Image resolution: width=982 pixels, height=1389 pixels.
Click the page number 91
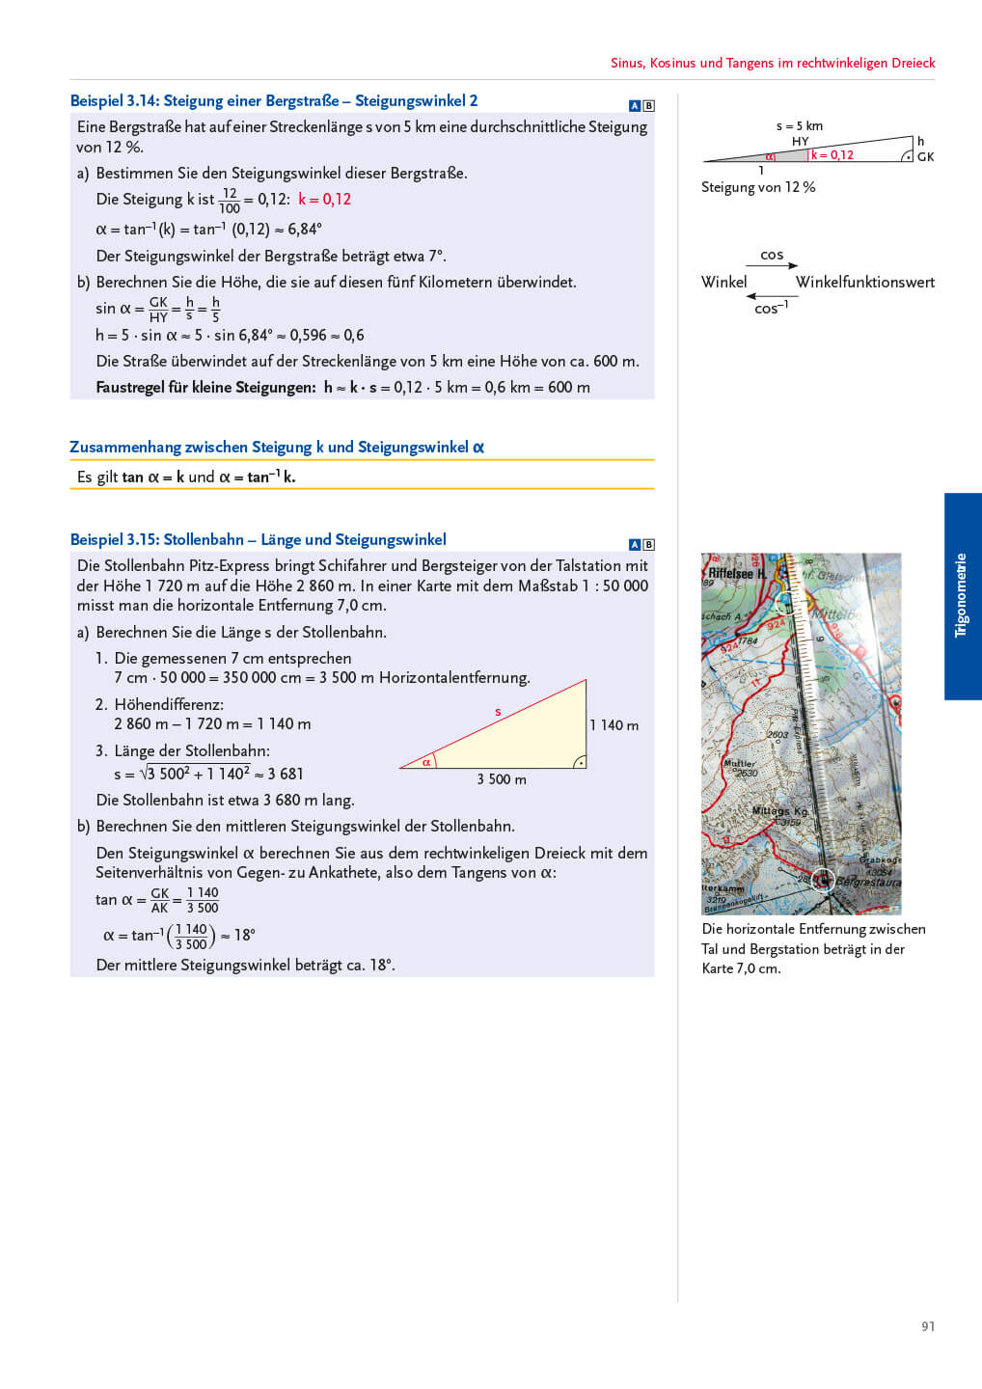pos(927,1326)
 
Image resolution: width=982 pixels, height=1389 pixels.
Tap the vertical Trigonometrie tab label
pos(961,595)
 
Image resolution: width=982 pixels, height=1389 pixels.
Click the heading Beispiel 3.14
pos(274,101)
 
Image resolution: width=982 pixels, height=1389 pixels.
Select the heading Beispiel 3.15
pos(258,540)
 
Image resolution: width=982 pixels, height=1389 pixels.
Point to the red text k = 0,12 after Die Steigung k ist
pos(324,200)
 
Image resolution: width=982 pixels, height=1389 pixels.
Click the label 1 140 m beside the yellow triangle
pos(614,725)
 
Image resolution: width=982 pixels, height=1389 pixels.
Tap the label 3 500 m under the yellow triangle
pos(502,779)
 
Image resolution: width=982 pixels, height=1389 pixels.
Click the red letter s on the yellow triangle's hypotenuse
pos(498,712)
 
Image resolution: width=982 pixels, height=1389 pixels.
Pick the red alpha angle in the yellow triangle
pos(426,762)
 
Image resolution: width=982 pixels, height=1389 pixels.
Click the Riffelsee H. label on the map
pos(737,573)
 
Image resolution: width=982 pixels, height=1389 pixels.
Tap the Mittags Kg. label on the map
pos(779,811)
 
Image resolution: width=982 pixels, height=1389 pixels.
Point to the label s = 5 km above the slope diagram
pos(800,126)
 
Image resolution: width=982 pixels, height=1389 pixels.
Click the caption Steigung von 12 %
pos(758,187)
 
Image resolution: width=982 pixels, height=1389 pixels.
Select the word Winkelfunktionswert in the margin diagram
pos(864,283)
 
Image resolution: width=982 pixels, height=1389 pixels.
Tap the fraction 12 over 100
pos(230,201)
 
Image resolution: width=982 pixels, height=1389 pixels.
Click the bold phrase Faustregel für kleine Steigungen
pos(205,388)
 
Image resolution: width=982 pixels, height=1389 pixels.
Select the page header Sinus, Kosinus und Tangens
pos(772,63)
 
